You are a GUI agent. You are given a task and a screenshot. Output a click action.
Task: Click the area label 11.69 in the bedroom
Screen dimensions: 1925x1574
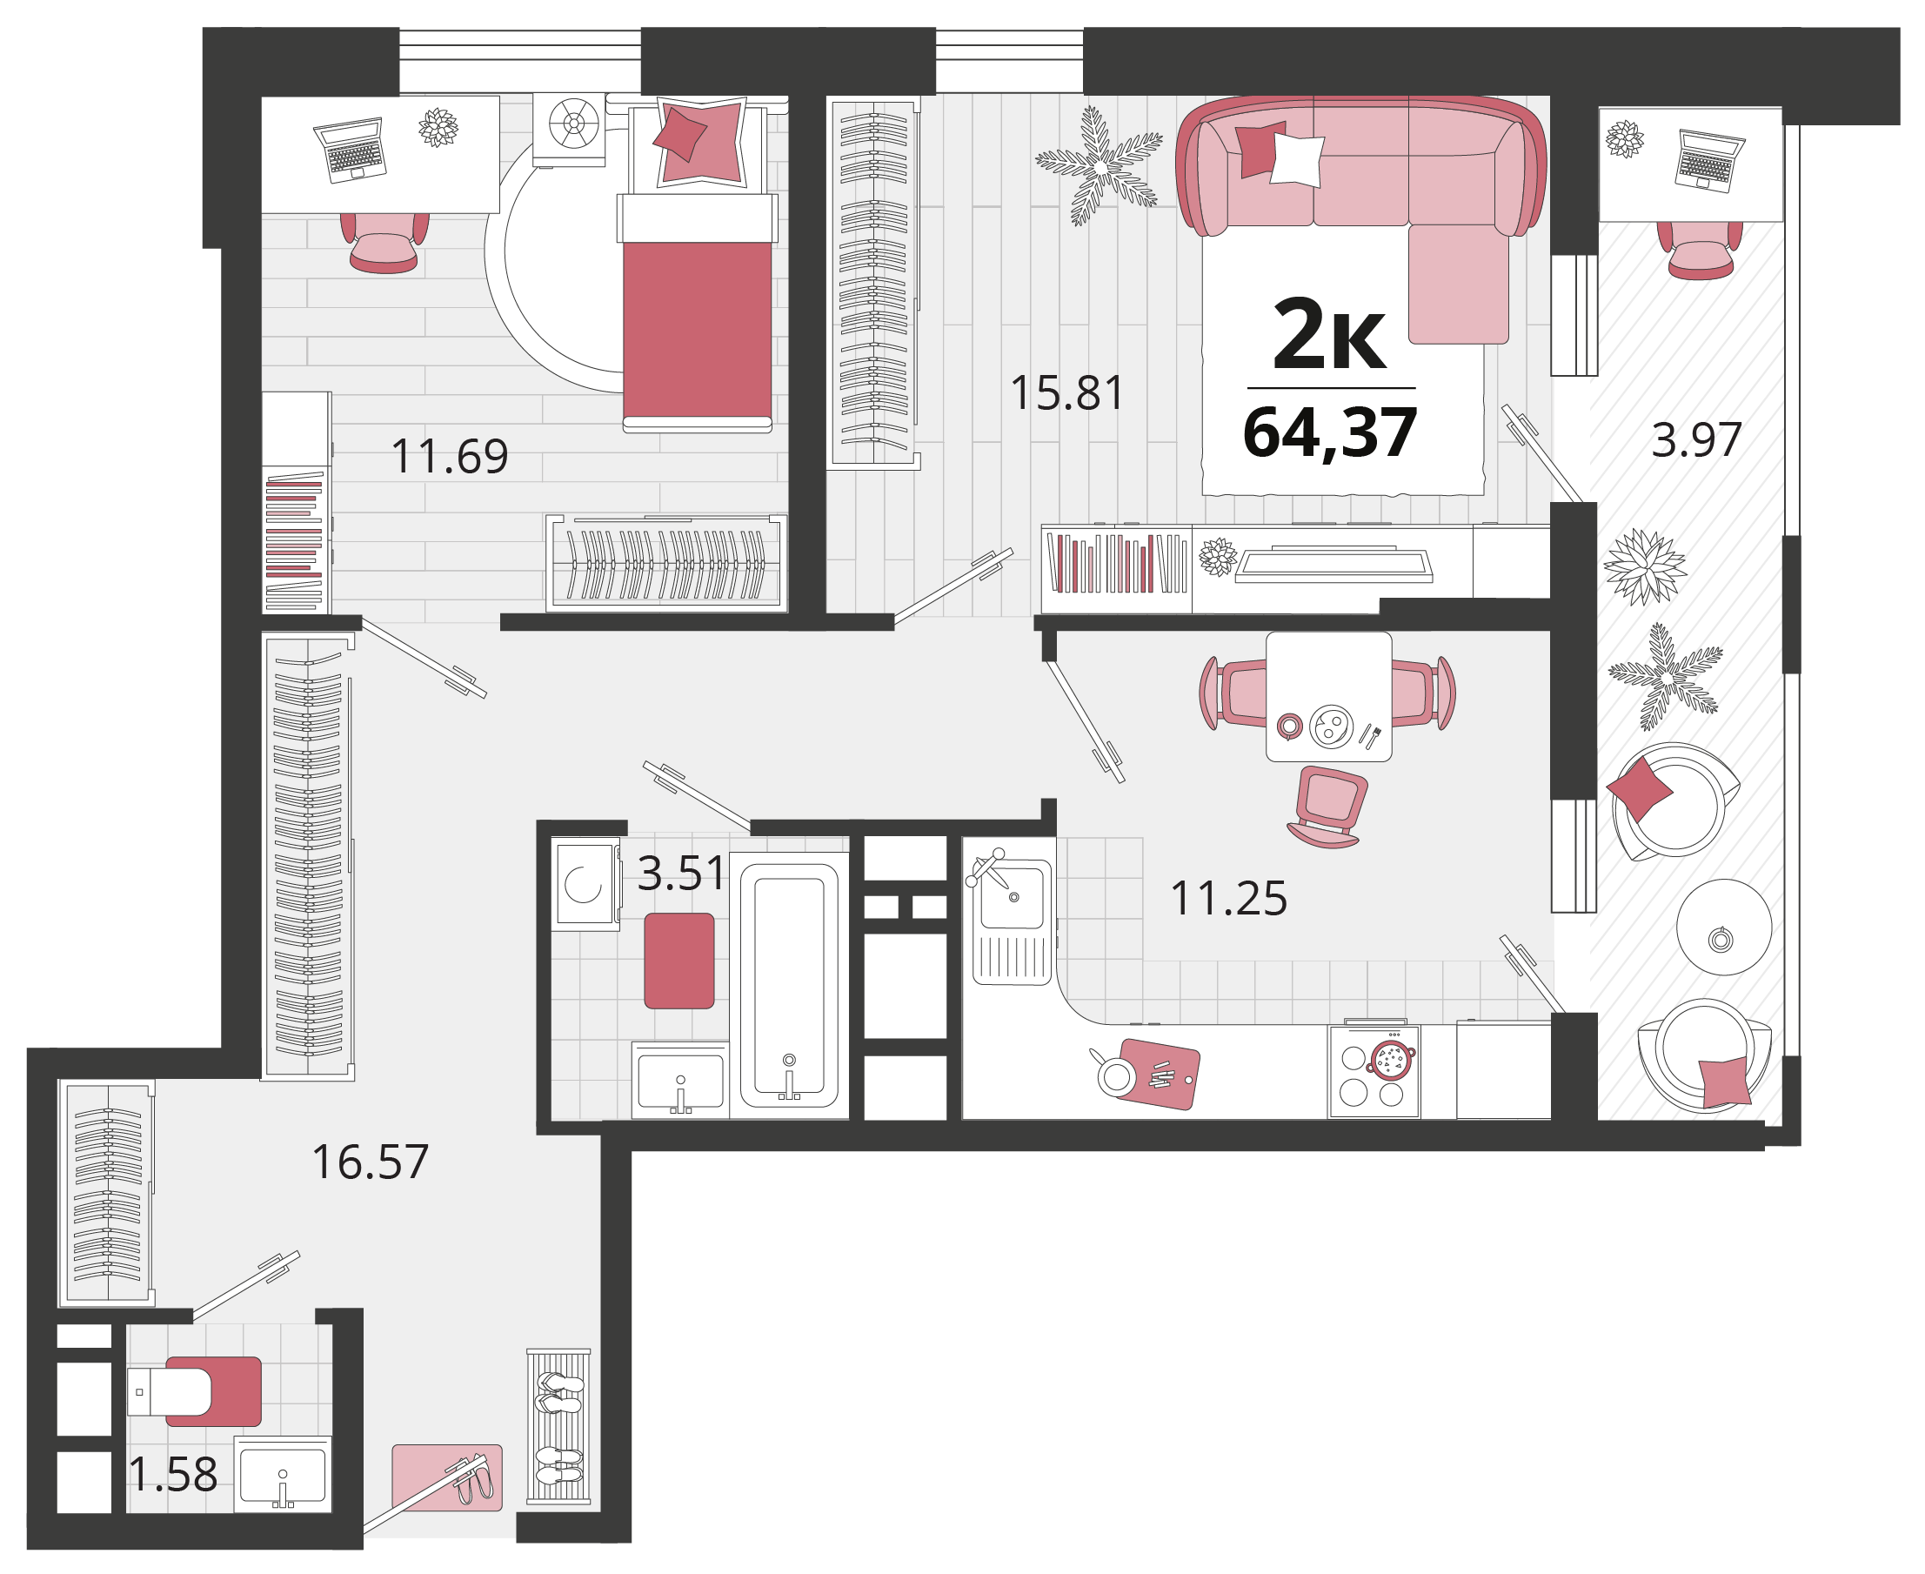(x=449, y=456)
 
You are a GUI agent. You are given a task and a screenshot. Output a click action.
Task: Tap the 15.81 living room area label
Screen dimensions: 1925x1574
(x=1066, y=393)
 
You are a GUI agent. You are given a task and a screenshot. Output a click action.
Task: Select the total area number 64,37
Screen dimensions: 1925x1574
(x=1329, y=433)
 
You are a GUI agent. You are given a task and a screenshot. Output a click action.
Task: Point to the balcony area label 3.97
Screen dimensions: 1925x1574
(x=1695, y=440)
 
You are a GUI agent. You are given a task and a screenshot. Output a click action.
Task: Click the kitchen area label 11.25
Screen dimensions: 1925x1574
(x=1228, y=900)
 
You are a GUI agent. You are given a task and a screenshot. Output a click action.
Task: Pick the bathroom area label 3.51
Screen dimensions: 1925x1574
(x=682, y=873)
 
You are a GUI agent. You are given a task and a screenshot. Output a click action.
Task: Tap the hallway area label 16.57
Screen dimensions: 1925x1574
(x=370, y=1162)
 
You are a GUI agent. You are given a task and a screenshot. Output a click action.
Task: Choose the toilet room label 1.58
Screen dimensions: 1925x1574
(x=173, y=1475)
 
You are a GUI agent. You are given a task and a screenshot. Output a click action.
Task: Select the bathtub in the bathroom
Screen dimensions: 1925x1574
(x=788, y=986)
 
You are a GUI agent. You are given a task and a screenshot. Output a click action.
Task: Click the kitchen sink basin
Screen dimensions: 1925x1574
(x=1013, y=899)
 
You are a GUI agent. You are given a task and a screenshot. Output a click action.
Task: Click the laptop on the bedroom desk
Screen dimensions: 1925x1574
(x=351, y=149)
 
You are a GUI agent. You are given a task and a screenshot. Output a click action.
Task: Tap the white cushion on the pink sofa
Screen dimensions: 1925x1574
(x=1297, y=160)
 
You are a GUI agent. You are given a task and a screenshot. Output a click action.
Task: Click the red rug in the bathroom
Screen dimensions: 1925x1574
(x=678, y=961)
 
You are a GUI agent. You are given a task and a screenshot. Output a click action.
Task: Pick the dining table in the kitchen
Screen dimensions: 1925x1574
(x=1328, y=697)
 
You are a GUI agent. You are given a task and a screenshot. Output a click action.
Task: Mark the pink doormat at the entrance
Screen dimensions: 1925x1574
(x=447, y=1478)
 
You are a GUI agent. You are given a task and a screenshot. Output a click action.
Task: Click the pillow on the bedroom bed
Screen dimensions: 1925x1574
(x=700, y=144)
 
